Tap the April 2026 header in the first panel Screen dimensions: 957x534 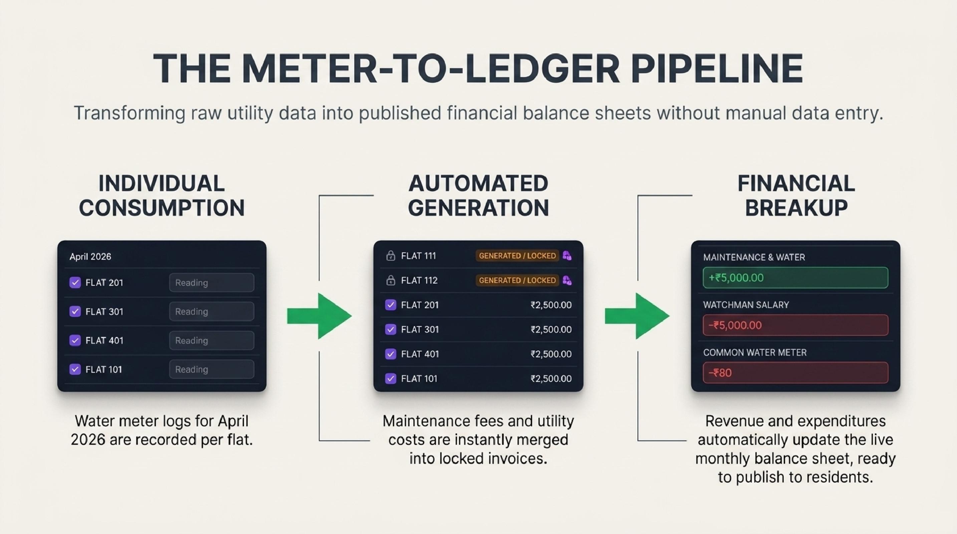(90, 257)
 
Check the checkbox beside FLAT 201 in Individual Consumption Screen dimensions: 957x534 (75, 283)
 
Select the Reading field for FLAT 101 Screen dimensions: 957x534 (212, 369)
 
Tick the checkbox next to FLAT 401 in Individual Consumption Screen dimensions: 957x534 (75, 340)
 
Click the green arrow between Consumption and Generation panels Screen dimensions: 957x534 (319, 316)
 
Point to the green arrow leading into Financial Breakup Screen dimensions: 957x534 (637, 316)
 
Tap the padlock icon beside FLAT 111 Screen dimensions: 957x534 (391, 256)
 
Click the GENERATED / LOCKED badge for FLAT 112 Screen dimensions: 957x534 (517, 280)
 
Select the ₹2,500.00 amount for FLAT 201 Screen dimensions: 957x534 (551, 305)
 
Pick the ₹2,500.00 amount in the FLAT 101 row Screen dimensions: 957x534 (551, 378)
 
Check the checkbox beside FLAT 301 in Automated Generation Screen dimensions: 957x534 (391, 329)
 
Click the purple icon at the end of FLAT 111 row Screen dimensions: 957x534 (567, 256)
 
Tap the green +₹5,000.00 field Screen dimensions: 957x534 (795, 278)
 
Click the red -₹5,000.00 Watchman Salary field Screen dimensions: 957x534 (795, 325)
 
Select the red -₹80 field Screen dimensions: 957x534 (795, 373)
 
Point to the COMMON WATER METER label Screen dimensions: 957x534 (755, 352)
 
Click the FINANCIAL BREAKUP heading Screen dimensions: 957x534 (796, 195)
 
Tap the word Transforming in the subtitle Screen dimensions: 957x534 (130, 113)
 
